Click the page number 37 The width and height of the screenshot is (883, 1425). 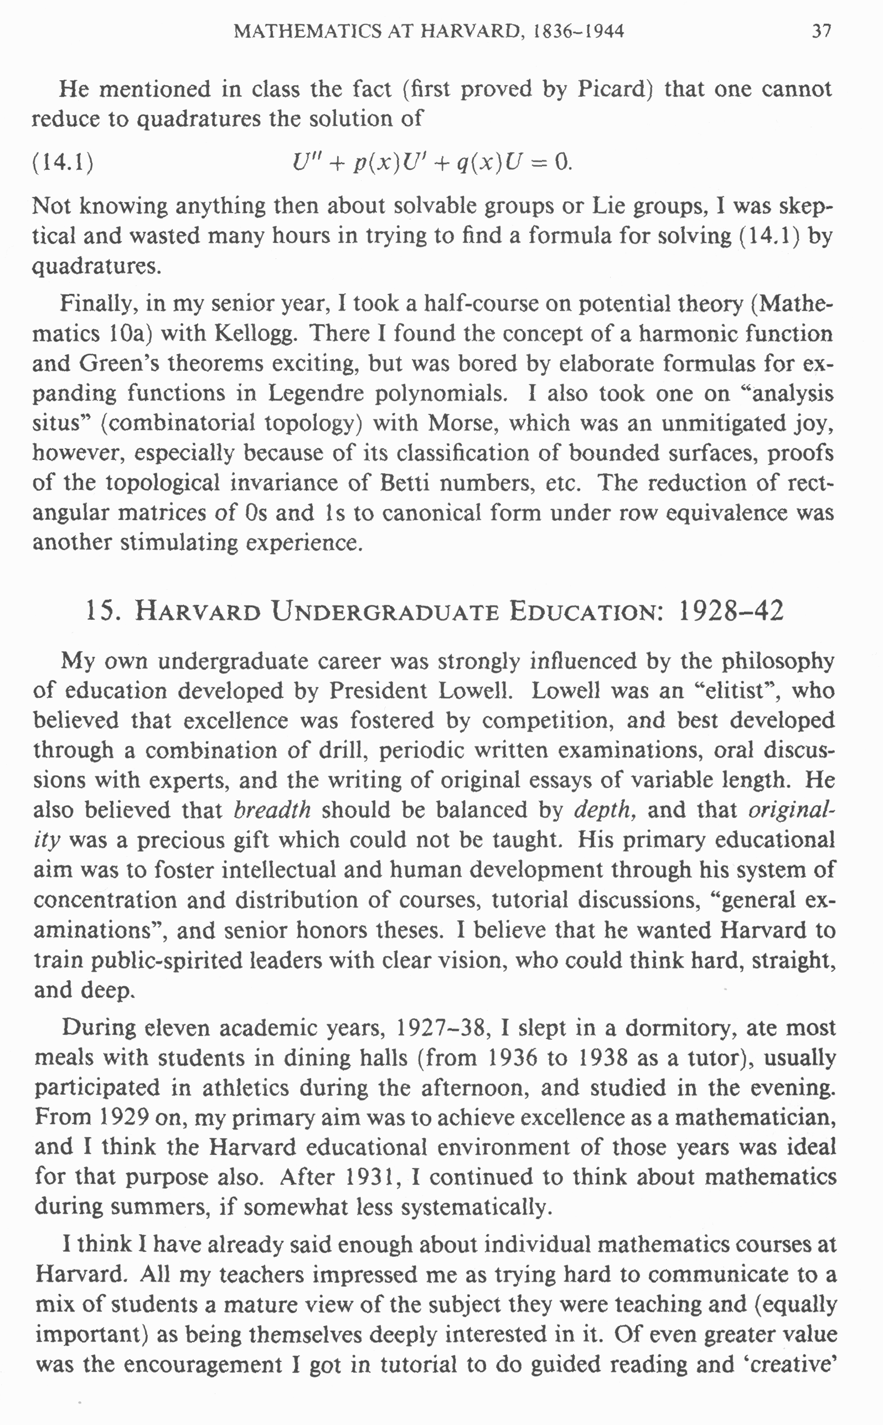click(x=821, y=31)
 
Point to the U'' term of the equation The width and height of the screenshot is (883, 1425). click(x=304, y=161)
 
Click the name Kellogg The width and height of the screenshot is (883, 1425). click(x=256, y=333)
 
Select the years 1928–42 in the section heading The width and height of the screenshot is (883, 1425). click(x=731, y=610)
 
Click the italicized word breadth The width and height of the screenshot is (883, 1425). click(x=272, y=810)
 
